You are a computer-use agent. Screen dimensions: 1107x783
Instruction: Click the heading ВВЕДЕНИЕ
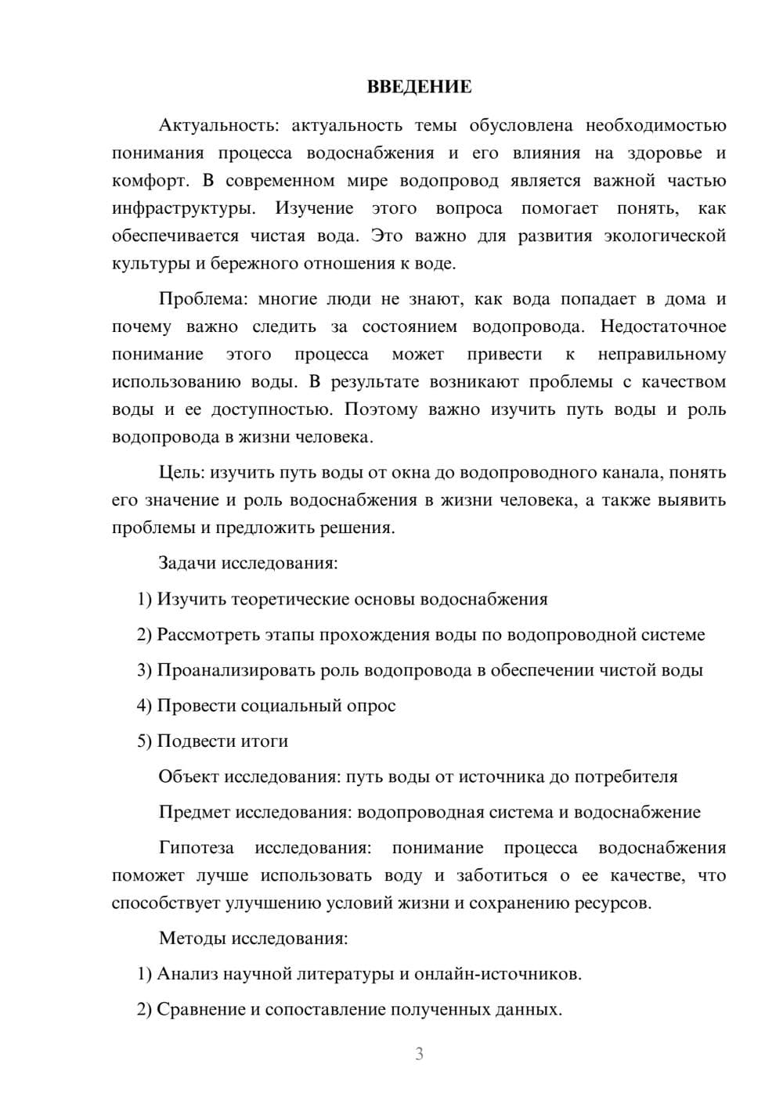pyautogui.click(x=419, y=87)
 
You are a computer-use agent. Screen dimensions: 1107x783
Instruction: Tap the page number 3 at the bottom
pyautogui.click(x=419, y=1054)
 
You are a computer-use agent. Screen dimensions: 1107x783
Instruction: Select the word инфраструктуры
pyautogui.click(x=182, y=209)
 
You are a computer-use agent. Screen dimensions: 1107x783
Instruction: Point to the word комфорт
pyautogui.click(x=149, y=182)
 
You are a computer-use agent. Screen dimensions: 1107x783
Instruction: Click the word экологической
pyautogui.click(x=665, y=236)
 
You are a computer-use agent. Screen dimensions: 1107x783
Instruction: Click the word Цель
pyautogui.click(x=181, y=473)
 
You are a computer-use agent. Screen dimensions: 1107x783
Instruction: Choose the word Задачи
pyautogui.click(x=188, y=563)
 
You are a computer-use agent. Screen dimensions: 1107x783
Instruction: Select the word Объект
pyautogui.click(x=189, y=777)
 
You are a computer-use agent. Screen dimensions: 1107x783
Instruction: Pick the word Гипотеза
pyautogui.click(x=196, y=848)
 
